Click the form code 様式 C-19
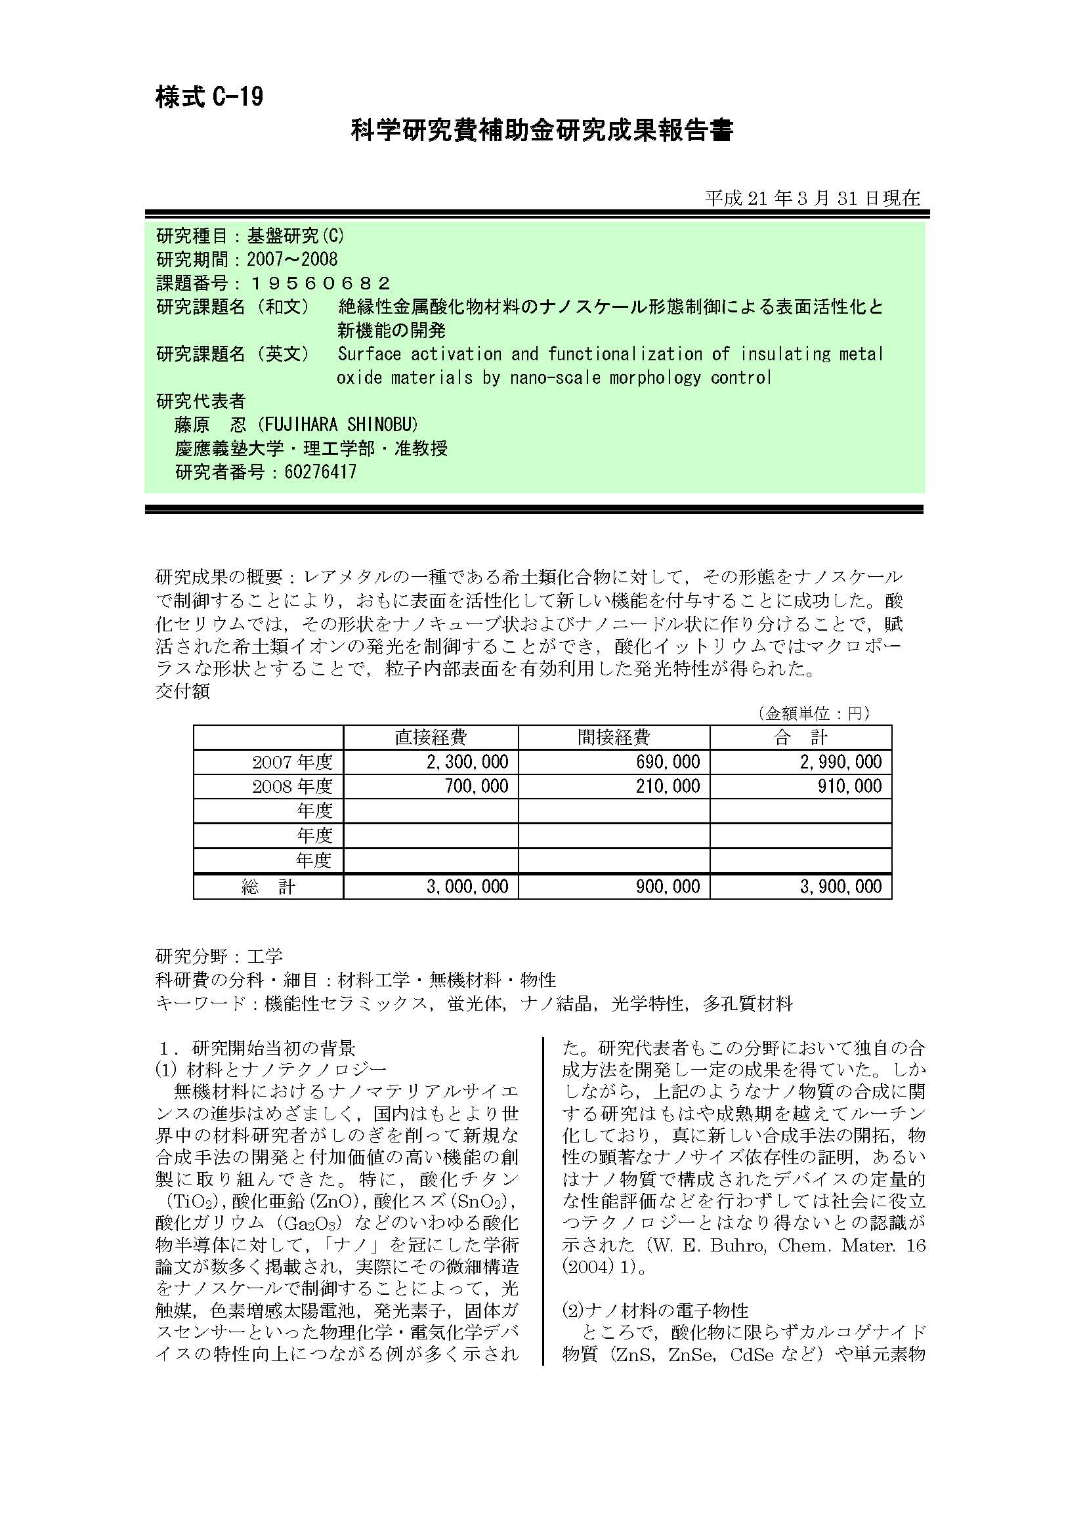(x=209, y=98)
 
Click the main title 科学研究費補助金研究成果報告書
(x=542, y=131)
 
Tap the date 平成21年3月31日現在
(x=812, y=198)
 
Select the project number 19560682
(x=320, y=284)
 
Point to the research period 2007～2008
(x=292, y=259)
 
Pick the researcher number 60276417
(x=320, y=473)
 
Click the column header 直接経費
(x=431, y=738)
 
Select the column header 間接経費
(x=613, y=738)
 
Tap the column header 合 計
(x=800, y=738)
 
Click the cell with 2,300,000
(x=467, y=762)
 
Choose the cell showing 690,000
(x=668, y=762)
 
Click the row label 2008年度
(x=292, y=787)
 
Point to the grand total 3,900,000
(x=840, y=887)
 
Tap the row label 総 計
(x=268, y=887)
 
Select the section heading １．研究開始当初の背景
(x=256, y=1047)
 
